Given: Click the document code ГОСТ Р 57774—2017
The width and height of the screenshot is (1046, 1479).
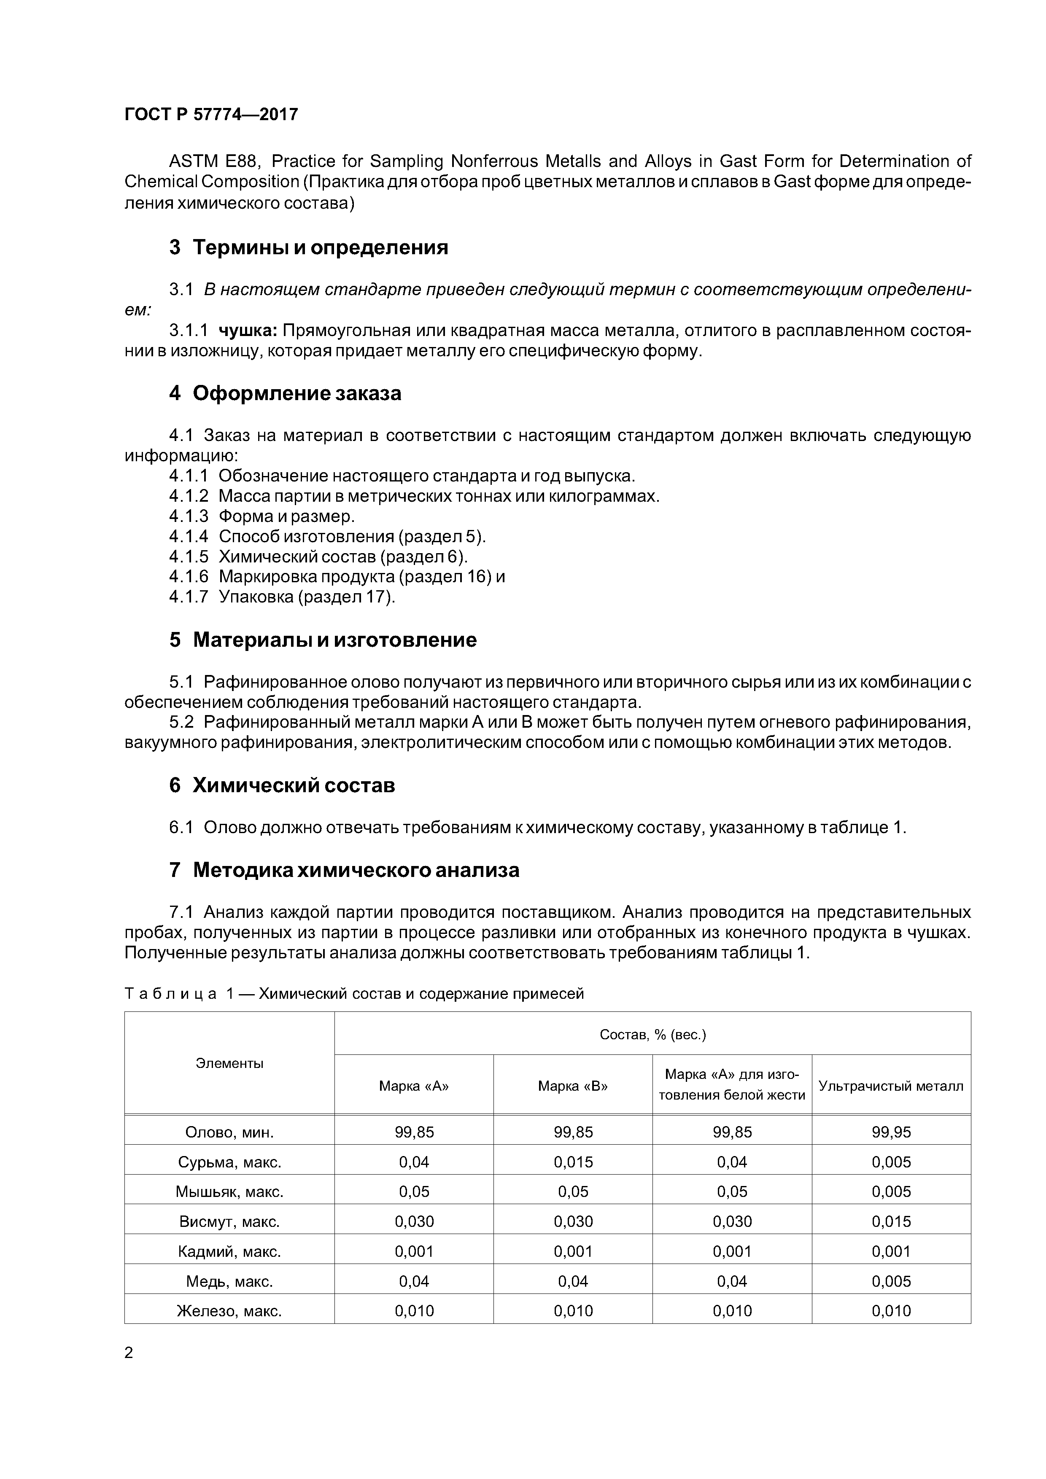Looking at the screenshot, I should [211, 115].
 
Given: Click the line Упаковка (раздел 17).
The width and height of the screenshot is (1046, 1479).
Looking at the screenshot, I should [307, 597].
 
